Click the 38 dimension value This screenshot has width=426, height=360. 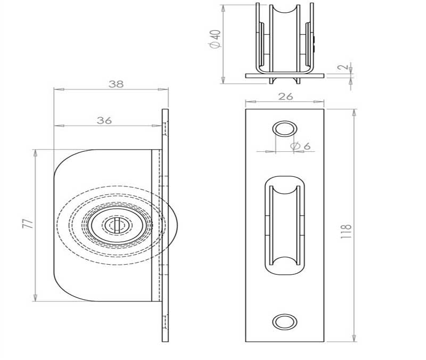coord(116,84)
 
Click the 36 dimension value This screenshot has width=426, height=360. coord(104,120)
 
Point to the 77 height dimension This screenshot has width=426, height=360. coord(28,224)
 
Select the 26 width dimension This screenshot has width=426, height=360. coord(285,96)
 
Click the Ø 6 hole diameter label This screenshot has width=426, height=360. coord(300,146)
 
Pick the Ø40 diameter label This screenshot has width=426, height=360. coord(215,40)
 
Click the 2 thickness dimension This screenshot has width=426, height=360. coord(346,67)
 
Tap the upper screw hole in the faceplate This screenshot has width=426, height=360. coord(284,129)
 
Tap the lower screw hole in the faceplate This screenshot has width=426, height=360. coord(284,321)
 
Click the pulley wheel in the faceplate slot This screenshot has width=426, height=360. coord(285,225)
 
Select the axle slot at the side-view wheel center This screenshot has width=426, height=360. coord(118,225)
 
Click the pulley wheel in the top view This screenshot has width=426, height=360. coord(285,37)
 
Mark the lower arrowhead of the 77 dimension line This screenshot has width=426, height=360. coord(35,298)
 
